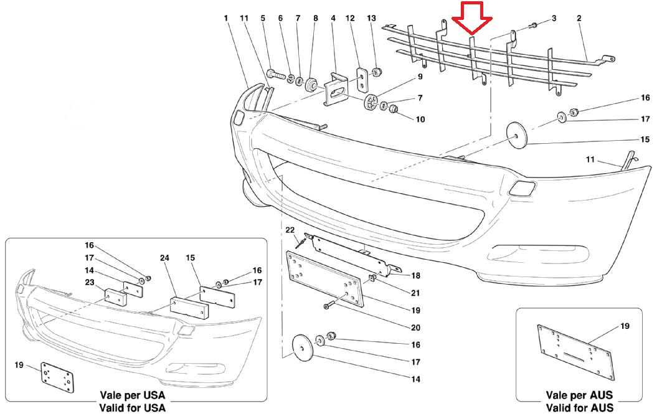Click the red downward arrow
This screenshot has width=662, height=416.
472,17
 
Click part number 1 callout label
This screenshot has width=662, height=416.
226,19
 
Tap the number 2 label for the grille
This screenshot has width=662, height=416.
579,19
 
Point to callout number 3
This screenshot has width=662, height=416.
554,19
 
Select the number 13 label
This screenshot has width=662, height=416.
372,19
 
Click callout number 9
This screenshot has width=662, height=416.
420,77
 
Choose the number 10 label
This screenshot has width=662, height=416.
421,119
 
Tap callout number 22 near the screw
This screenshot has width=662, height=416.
290,230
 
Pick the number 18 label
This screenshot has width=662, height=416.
415,275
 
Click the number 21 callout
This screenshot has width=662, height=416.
415,293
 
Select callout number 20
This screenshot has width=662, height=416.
415,328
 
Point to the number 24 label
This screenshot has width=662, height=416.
164,258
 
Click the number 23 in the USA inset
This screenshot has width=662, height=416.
89,282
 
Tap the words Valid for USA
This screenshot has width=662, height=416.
132,408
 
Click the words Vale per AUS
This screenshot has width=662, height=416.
579,395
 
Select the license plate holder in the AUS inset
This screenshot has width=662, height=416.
574,352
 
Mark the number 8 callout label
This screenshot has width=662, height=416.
315,19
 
